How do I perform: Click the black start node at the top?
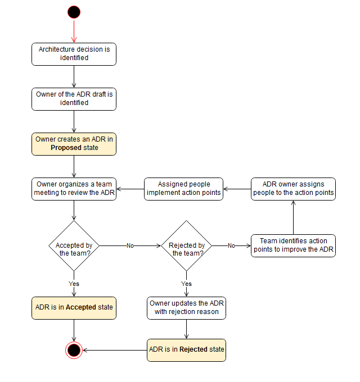(74, 12)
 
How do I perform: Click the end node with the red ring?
(74, 350)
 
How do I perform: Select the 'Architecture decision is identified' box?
(74, 53)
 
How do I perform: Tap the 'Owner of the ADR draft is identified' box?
(74, 98)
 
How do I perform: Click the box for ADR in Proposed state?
(74, 144)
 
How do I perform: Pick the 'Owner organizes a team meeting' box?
(74, 189)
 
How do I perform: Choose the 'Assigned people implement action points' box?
(183, 189)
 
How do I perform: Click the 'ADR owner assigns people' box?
(293, 189)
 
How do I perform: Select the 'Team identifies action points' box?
(293, 245)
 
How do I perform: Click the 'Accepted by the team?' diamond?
(74, 245)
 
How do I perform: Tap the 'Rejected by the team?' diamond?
(186, 245)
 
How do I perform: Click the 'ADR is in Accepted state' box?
(74, 308)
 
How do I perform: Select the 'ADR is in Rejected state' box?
(186, 349)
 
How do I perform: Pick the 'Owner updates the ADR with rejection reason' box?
(186, 308)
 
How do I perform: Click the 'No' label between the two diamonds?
(130, 245)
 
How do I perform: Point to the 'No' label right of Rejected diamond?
(231, 245)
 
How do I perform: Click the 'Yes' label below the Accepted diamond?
(74, 284)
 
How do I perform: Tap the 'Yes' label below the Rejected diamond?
(186, 284)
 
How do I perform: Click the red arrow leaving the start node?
(74, 30)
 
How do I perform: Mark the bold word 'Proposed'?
(66, 148)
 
